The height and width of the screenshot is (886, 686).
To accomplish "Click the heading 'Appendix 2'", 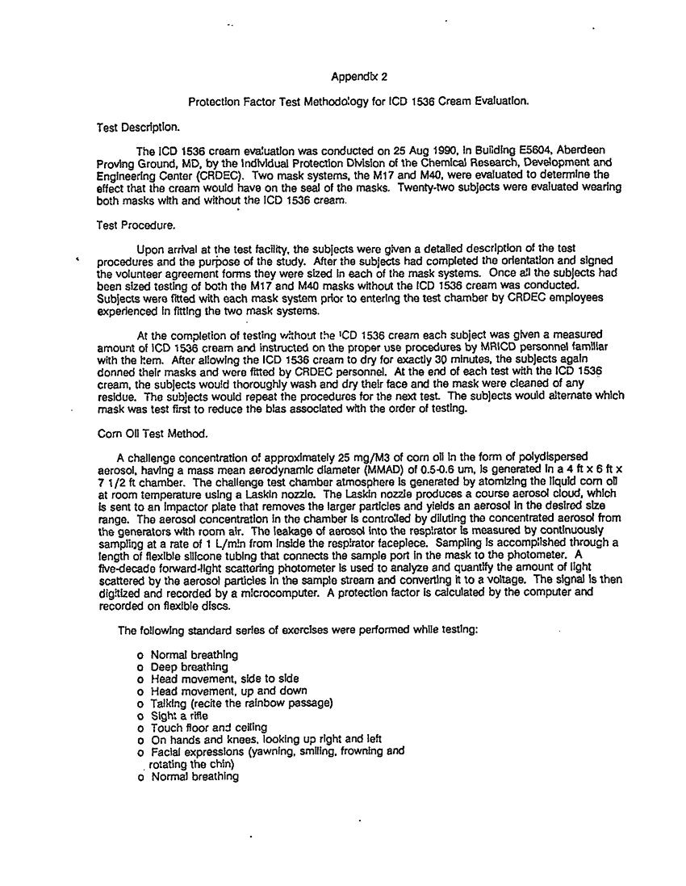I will pos(359,78).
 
